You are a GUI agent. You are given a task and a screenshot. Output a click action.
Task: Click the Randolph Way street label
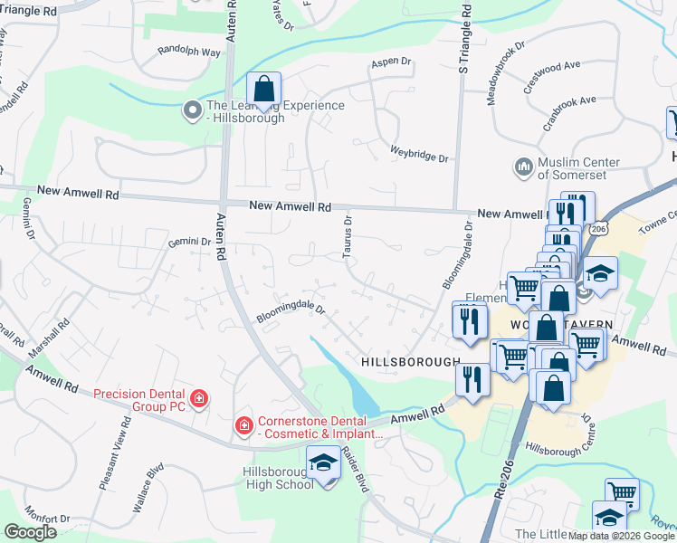189,52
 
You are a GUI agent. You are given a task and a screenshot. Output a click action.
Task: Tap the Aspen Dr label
391,63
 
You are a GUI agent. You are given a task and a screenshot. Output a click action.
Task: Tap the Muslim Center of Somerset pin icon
522,167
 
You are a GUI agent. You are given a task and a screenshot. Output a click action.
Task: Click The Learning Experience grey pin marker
192,110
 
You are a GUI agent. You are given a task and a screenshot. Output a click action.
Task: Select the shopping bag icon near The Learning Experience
263,90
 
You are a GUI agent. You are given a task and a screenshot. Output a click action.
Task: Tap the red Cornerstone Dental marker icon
243,424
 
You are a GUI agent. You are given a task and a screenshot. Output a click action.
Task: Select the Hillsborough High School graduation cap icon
322,463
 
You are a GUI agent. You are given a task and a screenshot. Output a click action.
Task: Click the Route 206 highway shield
596,230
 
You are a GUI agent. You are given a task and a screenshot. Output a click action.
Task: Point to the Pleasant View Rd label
114,458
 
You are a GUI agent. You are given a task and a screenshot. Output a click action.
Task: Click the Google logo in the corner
30,532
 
